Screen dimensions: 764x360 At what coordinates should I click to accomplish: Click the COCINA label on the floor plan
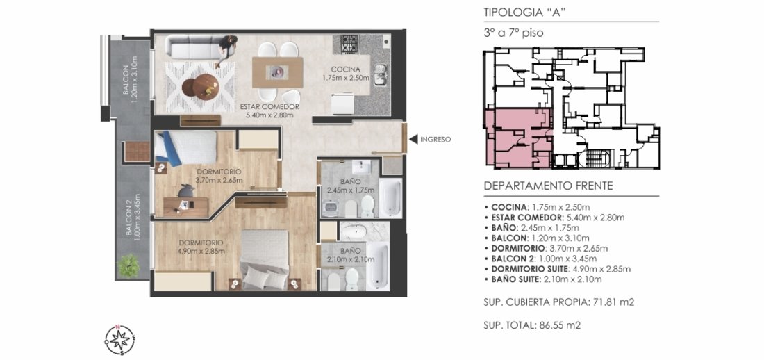[345, 69]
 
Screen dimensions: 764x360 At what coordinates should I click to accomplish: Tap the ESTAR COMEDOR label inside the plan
[269, 107]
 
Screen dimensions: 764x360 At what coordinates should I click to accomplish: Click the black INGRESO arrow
[413, 140]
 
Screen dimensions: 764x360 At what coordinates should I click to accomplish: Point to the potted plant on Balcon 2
[128, 265]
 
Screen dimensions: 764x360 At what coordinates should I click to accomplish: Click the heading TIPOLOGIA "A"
[524, 13]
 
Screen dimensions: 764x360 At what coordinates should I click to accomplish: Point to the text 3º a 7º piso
[513, 33]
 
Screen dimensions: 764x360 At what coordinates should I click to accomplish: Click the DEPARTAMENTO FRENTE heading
[548, 186]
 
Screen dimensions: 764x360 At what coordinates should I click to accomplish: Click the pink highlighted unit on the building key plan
[517, 138]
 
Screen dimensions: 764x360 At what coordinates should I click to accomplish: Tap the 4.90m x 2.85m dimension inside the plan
[201, 252]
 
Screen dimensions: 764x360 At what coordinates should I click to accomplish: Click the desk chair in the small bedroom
[185, 190]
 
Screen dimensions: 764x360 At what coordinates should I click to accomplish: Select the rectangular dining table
[277, 73]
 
